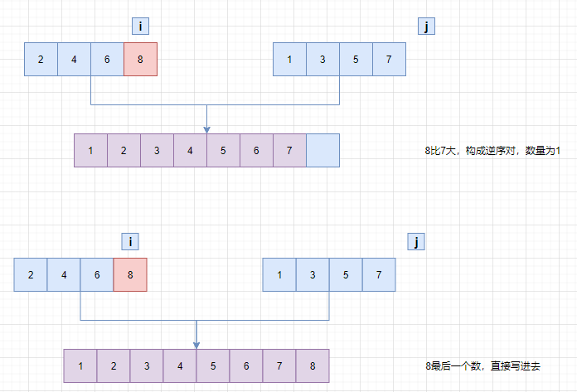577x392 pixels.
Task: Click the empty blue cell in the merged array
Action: coord(322,150)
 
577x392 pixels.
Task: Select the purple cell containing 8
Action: coord(313,365)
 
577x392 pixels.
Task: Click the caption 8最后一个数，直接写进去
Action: coord(482,365)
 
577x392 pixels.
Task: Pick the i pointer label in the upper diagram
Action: coord(141,27)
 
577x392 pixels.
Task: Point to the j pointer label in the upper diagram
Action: coord(426,27)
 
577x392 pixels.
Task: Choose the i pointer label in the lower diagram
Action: coord(130,242)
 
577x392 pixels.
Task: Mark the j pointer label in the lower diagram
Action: coord(416,242)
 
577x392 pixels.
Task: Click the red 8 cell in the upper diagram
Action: coord(140,60)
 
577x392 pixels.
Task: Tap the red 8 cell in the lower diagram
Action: coord(130,274)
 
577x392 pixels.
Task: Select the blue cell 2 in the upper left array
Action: coord(41,60)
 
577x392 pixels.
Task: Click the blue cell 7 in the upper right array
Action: coord(389,60)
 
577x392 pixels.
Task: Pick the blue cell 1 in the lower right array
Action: coord(279,274)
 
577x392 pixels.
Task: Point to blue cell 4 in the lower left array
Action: coord(64,274)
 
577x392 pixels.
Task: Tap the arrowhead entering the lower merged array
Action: coord(196,344)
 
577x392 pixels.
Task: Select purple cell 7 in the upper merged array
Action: coord(289,150)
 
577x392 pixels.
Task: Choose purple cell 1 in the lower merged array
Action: coord(80,365)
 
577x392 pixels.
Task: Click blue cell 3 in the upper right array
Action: coord(322,60)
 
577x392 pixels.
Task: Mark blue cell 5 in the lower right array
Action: coord(346,274)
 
